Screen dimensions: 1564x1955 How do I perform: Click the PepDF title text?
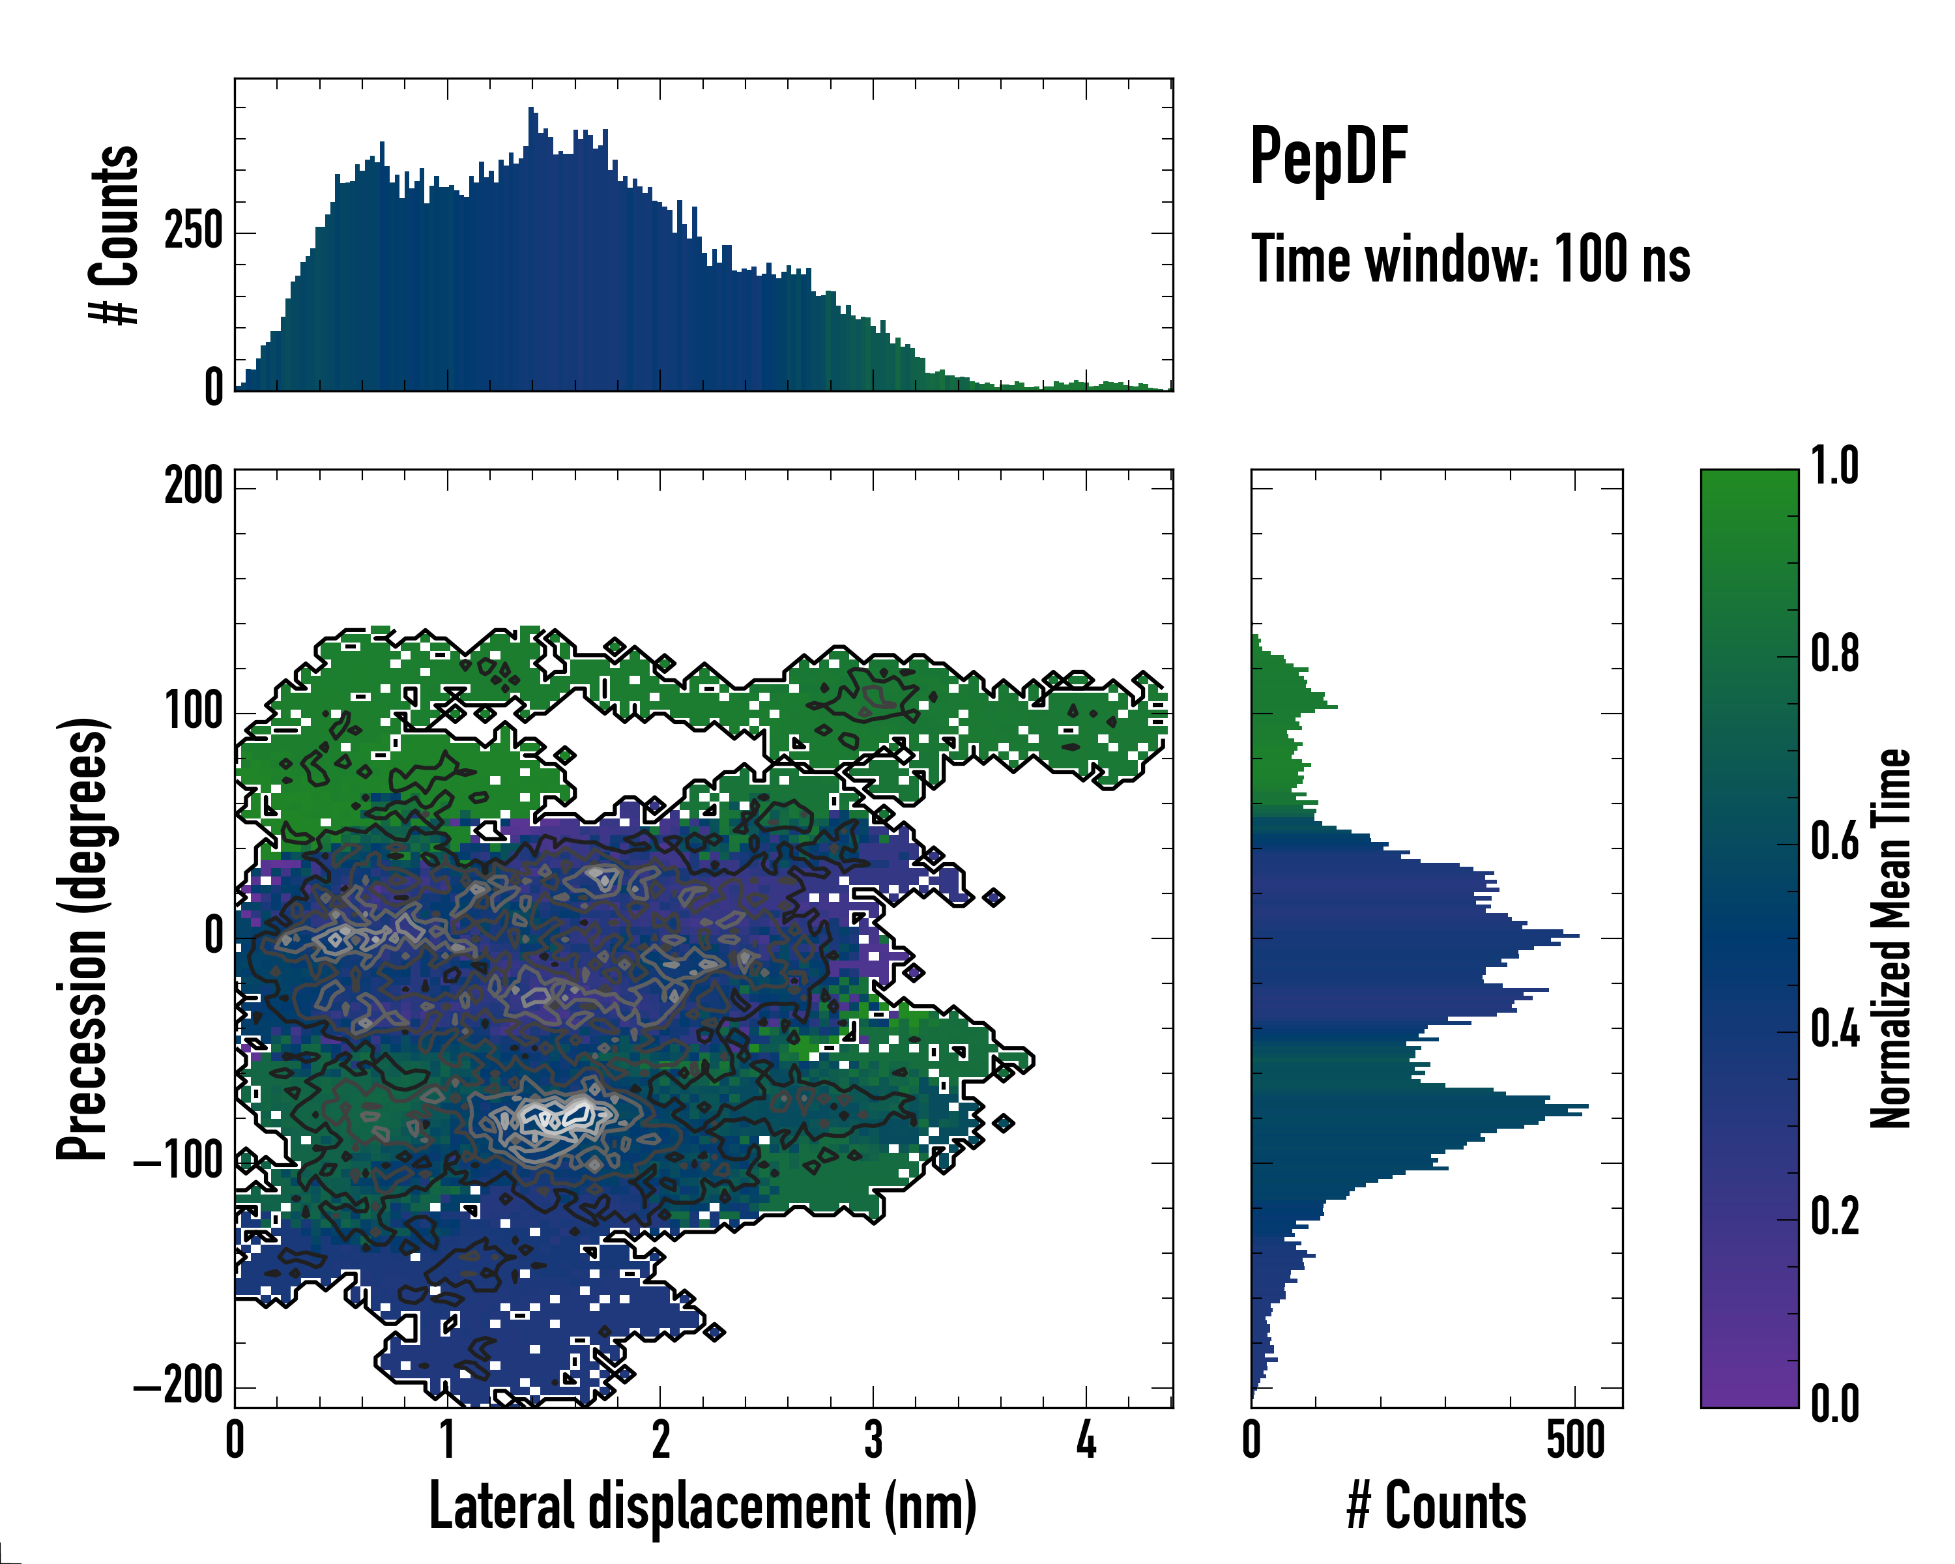(1328, 157)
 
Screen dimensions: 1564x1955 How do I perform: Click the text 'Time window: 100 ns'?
(1470, 259)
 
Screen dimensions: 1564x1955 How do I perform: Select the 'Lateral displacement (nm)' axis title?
(702, 1506)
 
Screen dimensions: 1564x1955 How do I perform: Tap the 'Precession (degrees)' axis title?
(83, 938)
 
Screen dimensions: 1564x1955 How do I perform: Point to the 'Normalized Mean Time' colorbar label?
(1890, 938)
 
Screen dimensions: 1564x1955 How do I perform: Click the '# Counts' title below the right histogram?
(1436, 1506)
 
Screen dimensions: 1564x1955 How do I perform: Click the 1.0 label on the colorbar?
(1834, 467)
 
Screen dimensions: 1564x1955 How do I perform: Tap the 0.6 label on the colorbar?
(1834, 843)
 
